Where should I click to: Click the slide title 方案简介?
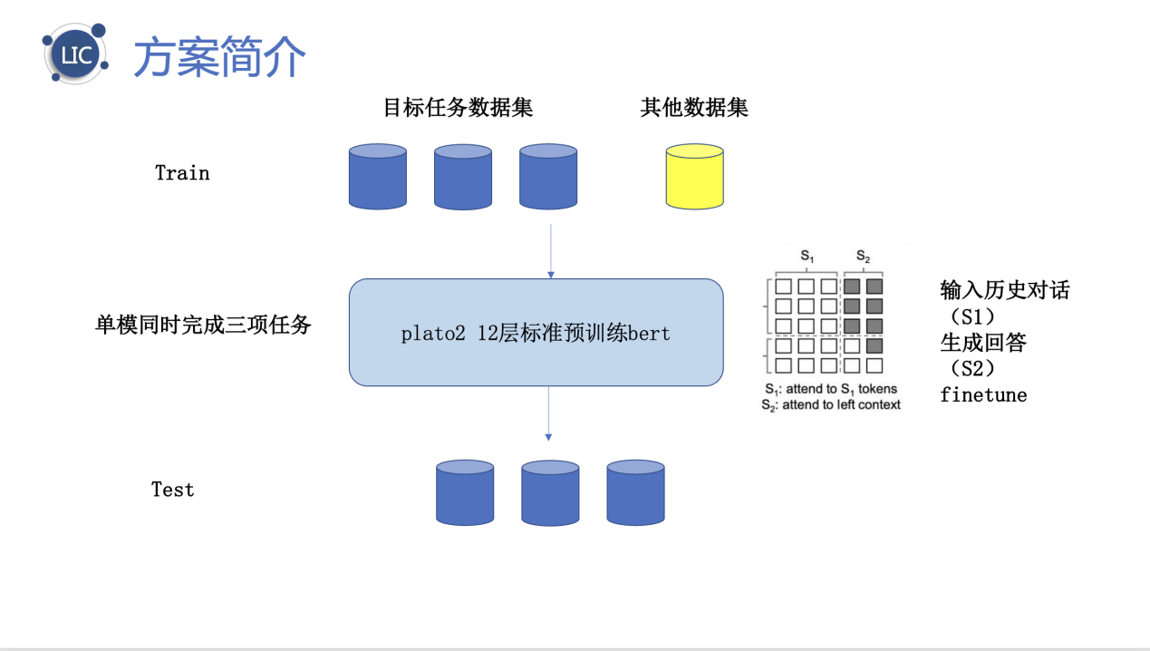coord(220,58)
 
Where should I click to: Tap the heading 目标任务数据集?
coord(458,108)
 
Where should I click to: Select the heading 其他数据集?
coord(694,108)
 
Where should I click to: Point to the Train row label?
coord(182,173)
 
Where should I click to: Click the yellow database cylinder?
coord(694,177)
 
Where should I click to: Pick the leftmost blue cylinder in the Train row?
coord(378,177)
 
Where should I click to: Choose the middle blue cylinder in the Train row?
coord(463,177)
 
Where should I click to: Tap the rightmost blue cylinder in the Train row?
coord(548,177)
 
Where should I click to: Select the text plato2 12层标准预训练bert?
coord(536,334)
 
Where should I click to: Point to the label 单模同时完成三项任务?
coord(203,325)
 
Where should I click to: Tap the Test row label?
coord(172,490)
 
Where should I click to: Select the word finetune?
coord(983,395)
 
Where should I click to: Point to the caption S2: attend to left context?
coord(832,405)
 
